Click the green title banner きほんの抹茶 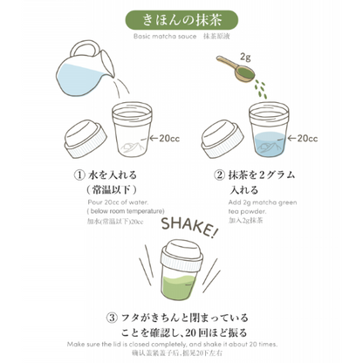[x=181, y=18]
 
